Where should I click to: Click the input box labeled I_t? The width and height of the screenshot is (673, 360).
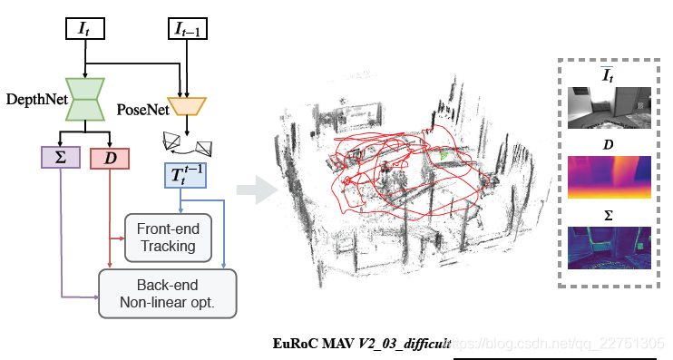click(x=85, y=28)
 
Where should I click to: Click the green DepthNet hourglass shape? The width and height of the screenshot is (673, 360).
click(x=85, y=98)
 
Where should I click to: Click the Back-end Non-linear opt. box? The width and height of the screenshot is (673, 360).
click(x=167, y=293)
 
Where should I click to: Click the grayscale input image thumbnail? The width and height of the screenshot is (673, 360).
click(x=609, y=107)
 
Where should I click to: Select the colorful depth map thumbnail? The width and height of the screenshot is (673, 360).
click(x=609, y=178)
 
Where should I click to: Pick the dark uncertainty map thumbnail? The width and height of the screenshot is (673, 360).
click(x=609, y=248)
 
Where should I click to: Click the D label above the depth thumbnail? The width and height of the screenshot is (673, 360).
click(x=609, y=145)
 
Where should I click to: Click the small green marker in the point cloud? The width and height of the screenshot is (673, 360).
click(x=444, y=156)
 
